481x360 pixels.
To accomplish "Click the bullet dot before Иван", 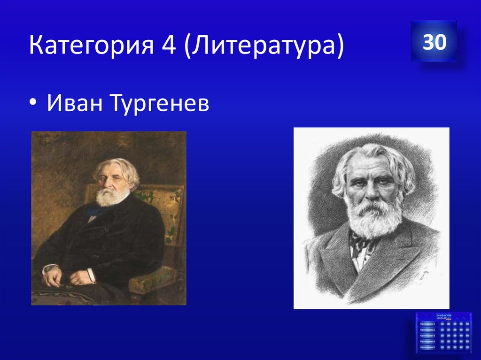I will [x=35, y=104].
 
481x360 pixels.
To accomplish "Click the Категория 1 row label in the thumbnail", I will [x=428, y=324].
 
